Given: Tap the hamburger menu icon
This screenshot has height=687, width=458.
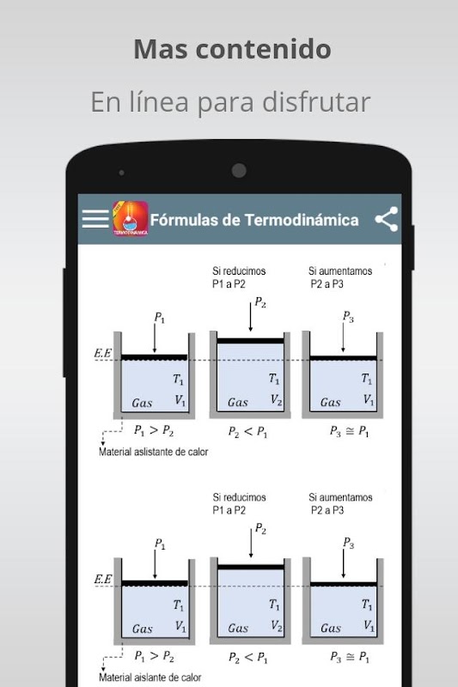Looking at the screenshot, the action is pos(95,219).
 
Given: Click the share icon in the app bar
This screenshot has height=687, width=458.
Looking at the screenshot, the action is pos(387,219).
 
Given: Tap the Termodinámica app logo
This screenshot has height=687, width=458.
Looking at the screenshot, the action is pos(130,219).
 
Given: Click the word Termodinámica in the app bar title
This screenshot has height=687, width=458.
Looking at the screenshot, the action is pos(301,220).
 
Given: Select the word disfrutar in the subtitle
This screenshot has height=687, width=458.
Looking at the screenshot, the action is pos(316,102).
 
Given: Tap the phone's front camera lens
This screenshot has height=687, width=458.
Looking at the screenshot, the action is pos(239,170).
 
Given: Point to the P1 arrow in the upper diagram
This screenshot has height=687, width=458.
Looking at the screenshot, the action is pos(155,338).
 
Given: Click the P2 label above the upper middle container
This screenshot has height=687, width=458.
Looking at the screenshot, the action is pos(260,302).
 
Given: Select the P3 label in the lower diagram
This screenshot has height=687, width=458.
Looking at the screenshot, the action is pos(348,543).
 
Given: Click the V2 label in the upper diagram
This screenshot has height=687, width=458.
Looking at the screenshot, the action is pos(276,399).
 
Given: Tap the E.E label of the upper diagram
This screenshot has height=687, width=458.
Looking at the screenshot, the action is pos(103,353).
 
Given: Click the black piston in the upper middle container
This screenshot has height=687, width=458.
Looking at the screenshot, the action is pos(250,341).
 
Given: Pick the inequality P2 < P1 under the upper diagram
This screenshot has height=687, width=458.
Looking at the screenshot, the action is pos(247,432).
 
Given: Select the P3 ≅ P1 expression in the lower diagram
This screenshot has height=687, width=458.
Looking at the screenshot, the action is pos(350,657).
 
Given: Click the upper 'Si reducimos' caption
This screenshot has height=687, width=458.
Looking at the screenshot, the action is pos(239,271).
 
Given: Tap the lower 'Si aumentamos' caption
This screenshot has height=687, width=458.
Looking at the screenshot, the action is pos(340,497).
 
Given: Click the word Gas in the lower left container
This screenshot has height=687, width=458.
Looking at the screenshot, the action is pos(143,629).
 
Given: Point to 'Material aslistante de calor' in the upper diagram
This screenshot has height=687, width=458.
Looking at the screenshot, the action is pos(154,452).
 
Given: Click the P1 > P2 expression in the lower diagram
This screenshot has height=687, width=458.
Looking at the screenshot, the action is pos(155,656).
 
